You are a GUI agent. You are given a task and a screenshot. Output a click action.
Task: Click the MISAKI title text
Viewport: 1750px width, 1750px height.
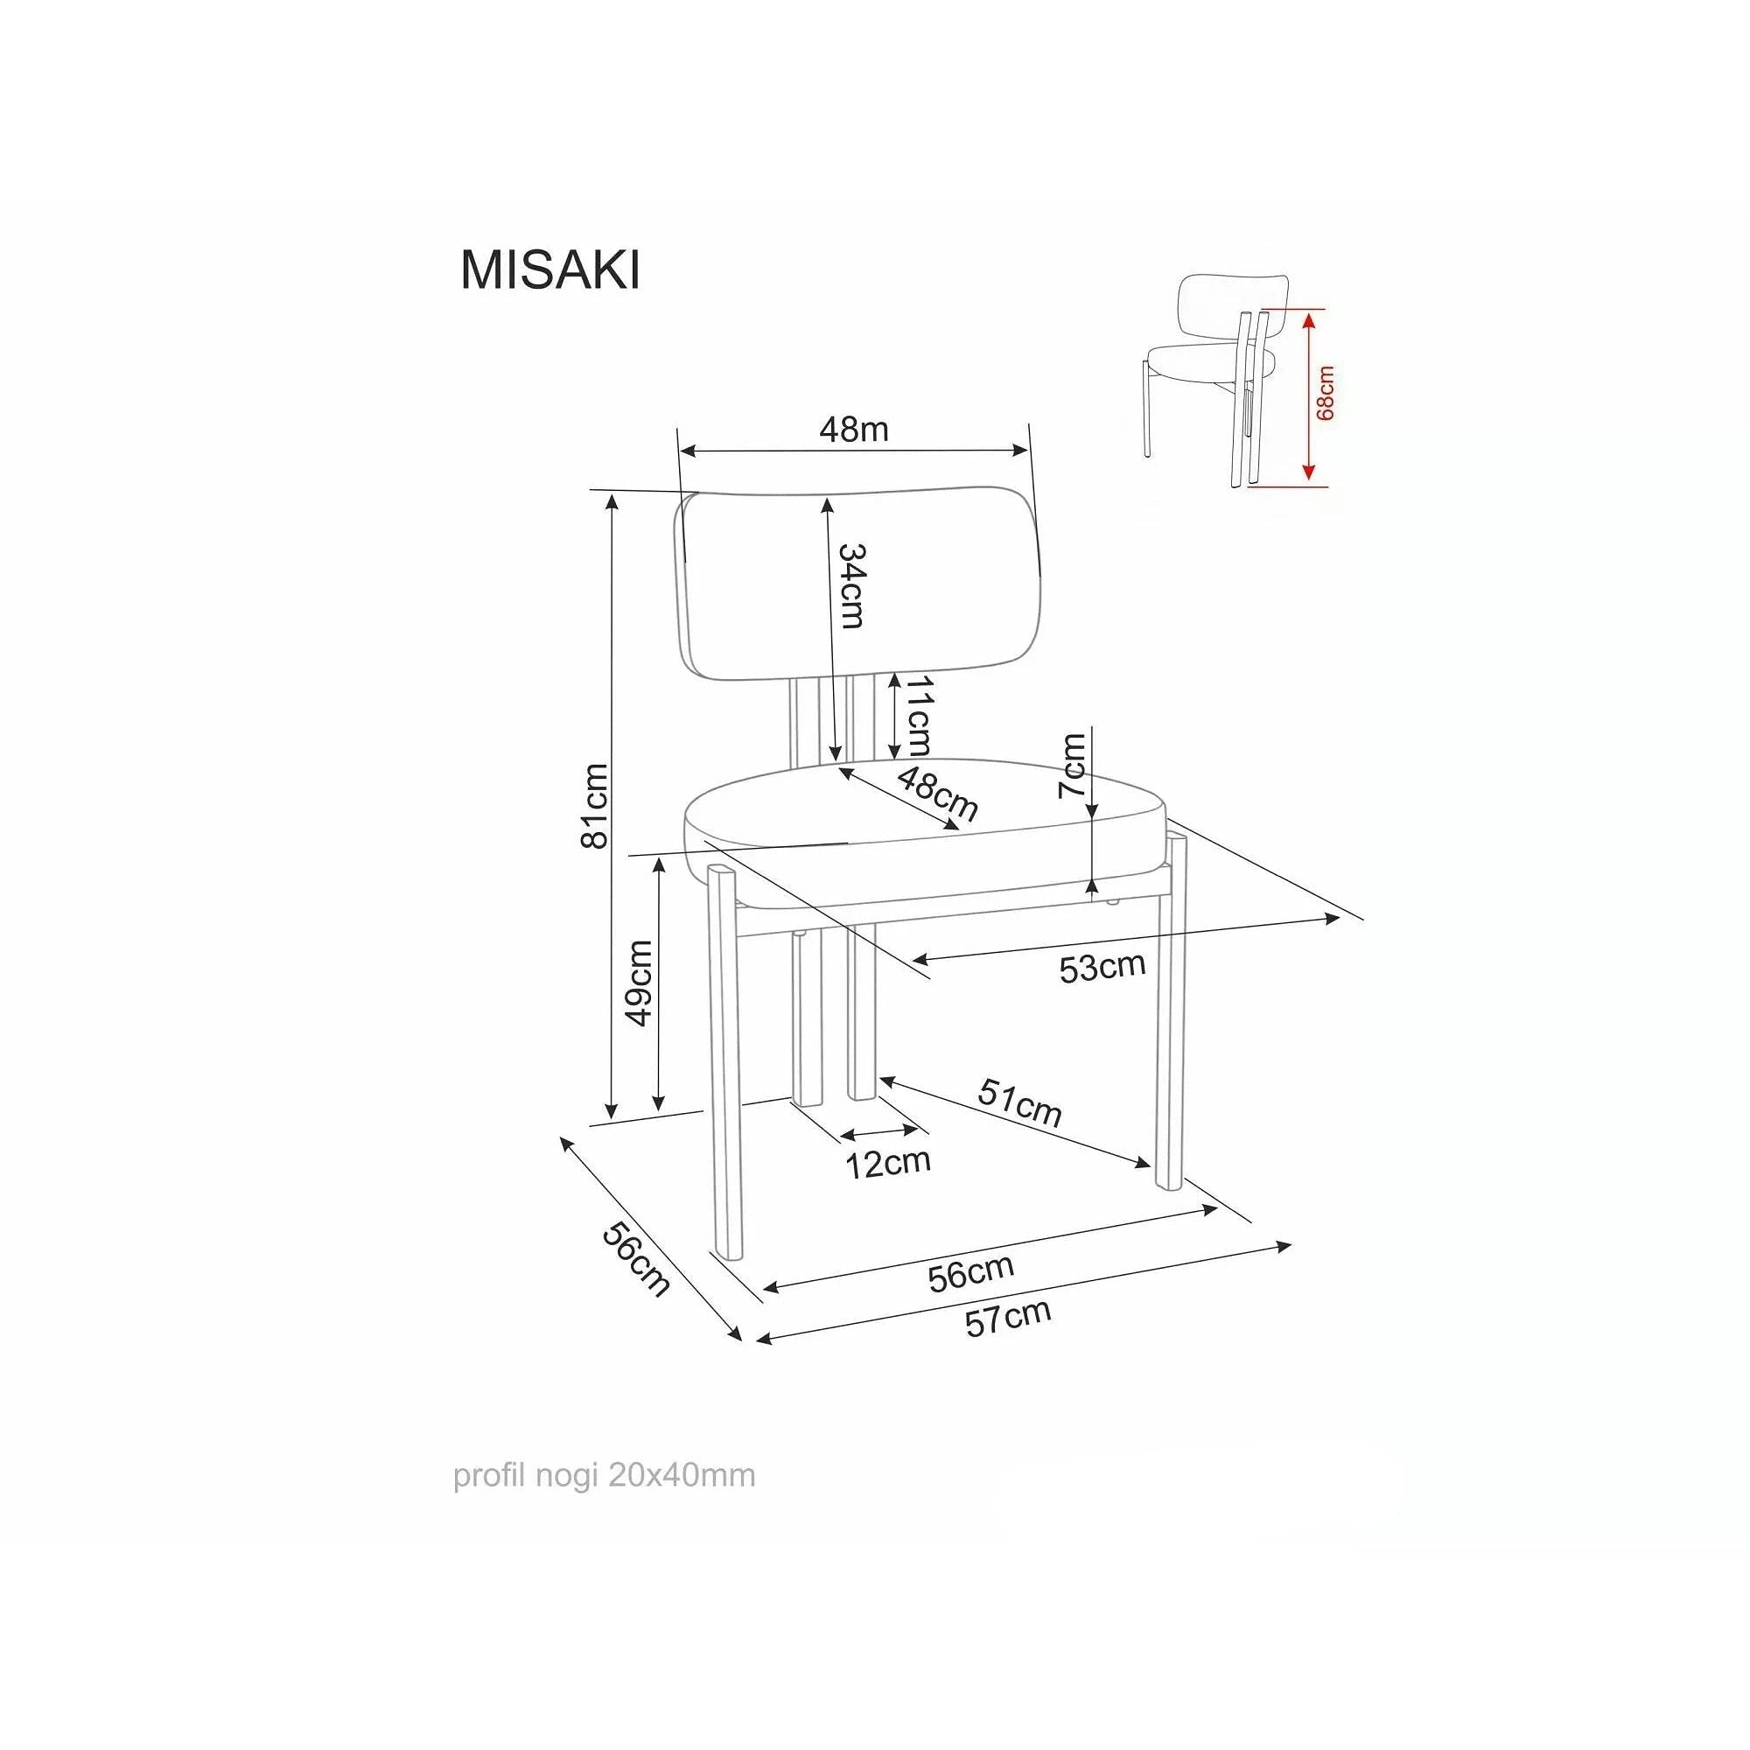point(549,269)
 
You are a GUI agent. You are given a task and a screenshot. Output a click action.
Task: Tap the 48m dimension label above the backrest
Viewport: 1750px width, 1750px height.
point(853,430)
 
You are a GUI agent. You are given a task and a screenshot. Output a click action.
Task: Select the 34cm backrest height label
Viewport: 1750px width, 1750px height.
point(852,586)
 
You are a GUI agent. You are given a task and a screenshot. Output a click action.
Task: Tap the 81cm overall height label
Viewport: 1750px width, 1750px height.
point(594,805)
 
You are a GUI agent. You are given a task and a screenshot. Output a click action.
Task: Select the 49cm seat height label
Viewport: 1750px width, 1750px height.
point(640,983)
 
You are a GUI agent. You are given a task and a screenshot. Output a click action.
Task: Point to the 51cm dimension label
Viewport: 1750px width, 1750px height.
point(1019,1102)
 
